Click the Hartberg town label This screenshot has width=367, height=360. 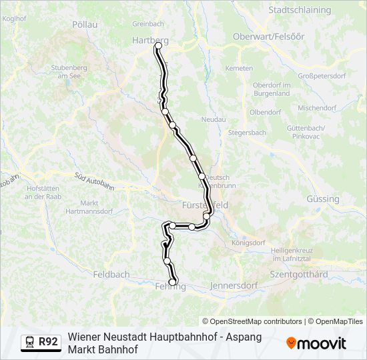point(150,40)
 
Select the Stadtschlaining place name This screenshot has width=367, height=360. point(299,10)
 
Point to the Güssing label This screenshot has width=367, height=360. point(323,199)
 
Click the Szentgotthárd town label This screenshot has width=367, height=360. point(298,274)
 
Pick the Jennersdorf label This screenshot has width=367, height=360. point(234,285)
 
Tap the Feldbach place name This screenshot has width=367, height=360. point(111,274)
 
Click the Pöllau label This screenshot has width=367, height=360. point(85,24)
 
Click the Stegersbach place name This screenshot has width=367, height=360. point(247,133)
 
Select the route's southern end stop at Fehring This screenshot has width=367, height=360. point(173,283)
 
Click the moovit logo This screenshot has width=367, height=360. point(316,343)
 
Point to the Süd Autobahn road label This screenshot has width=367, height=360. point(95,181)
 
